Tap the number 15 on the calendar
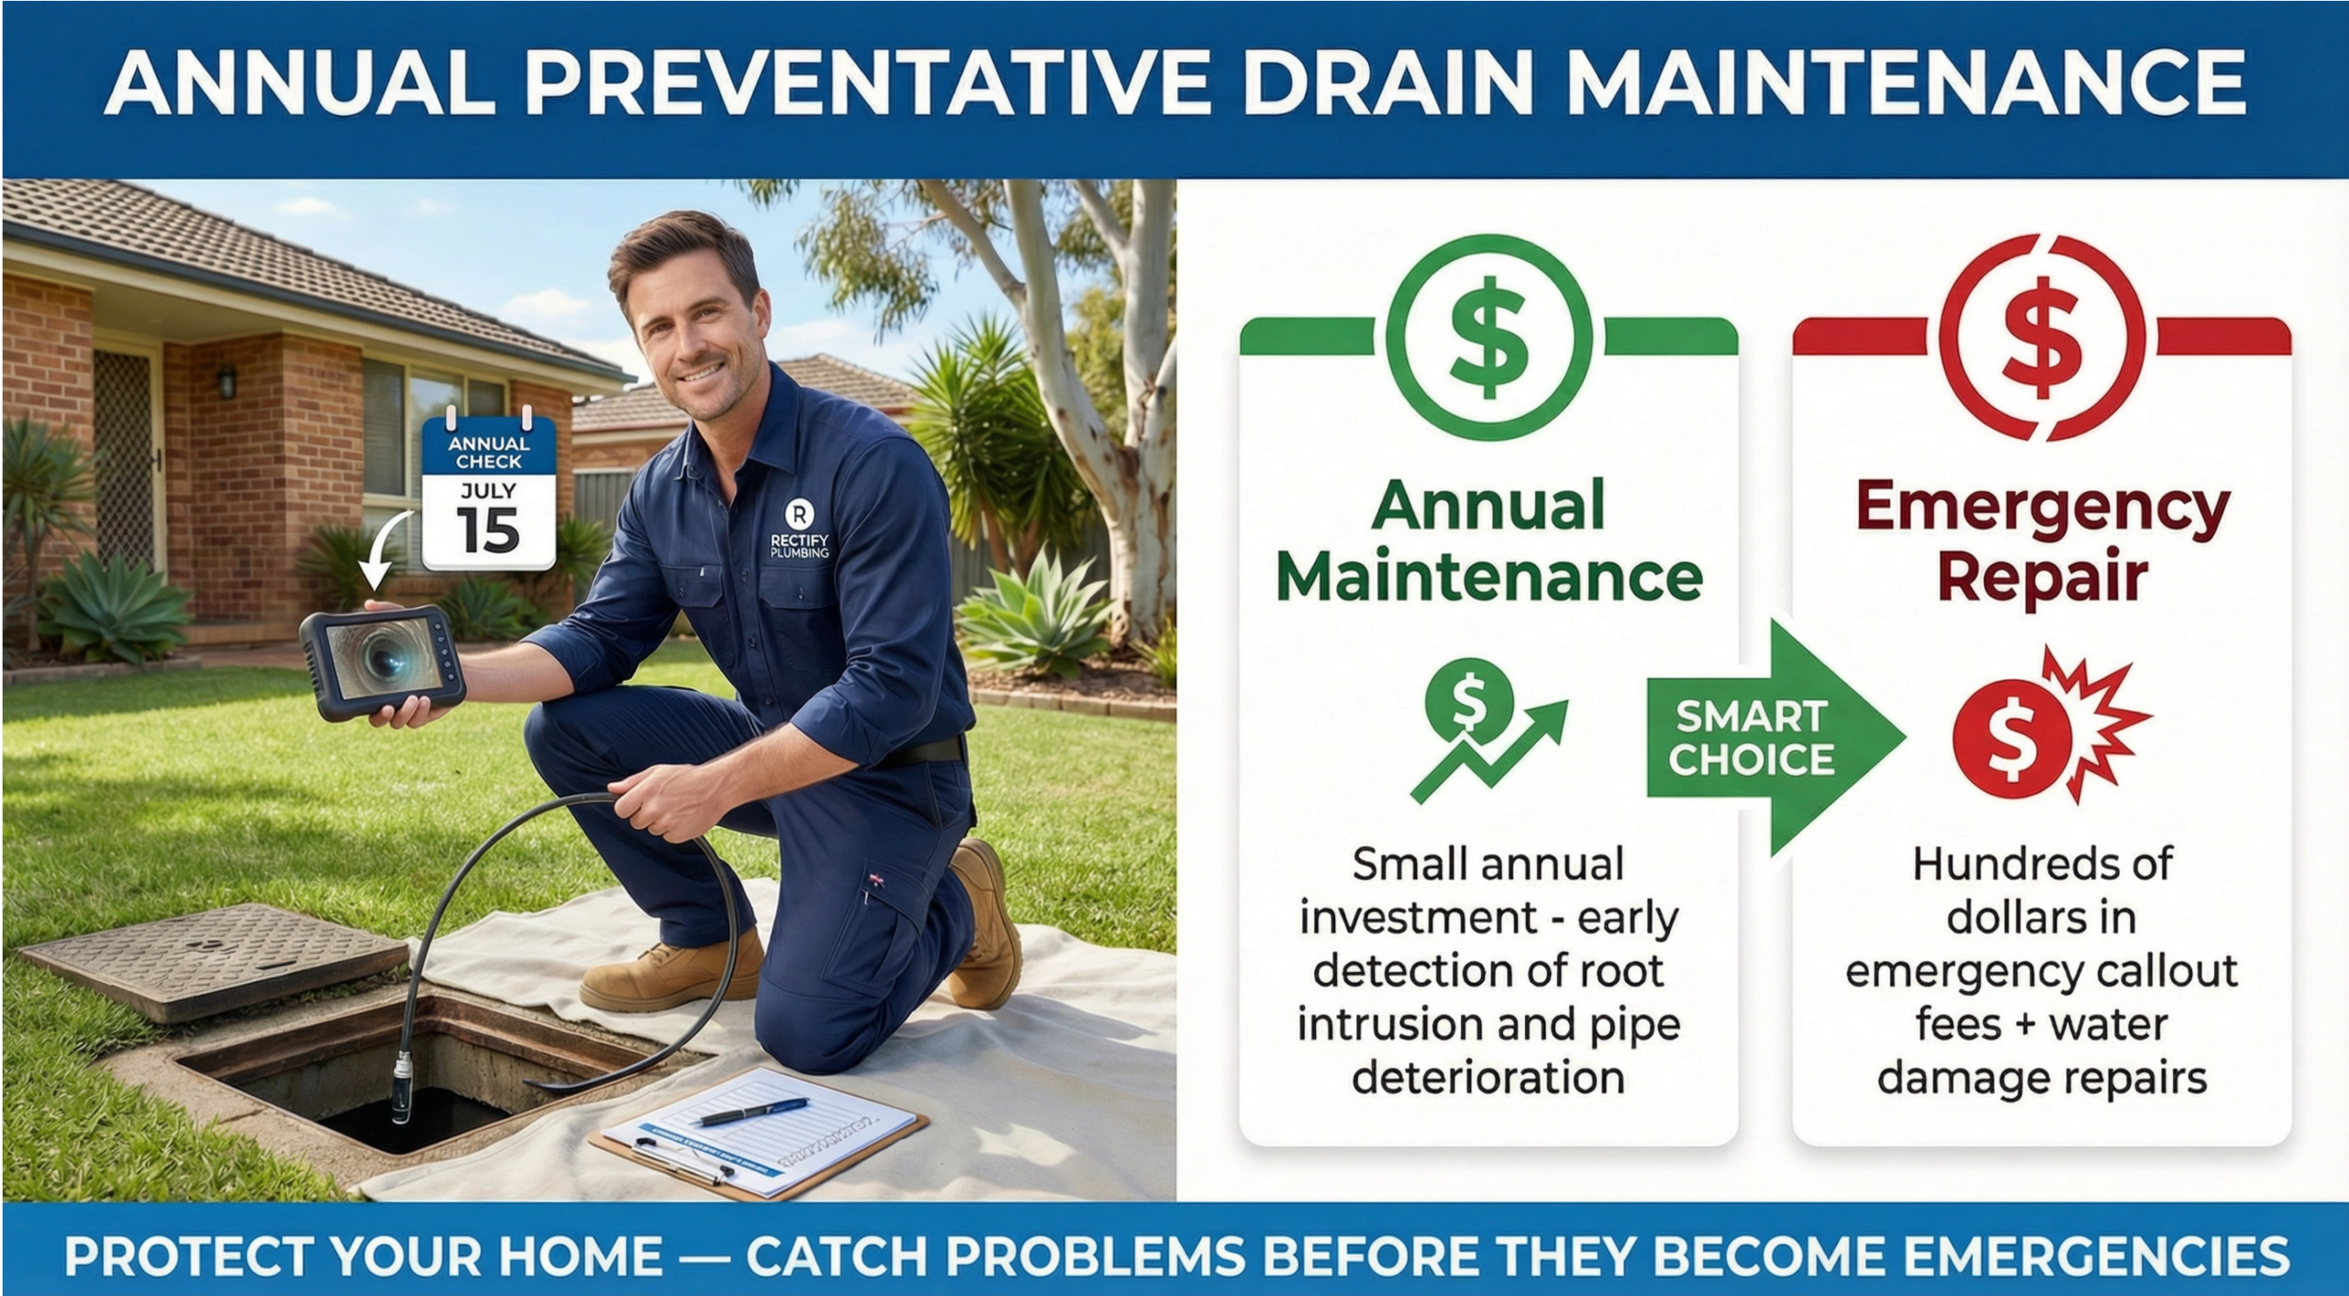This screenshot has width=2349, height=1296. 487,531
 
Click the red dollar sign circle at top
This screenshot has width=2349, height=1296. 2042,337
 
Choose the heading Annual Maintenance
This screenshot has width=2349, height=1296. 1488,541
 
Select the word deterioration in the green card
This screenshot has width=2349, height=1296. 1488,1077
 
